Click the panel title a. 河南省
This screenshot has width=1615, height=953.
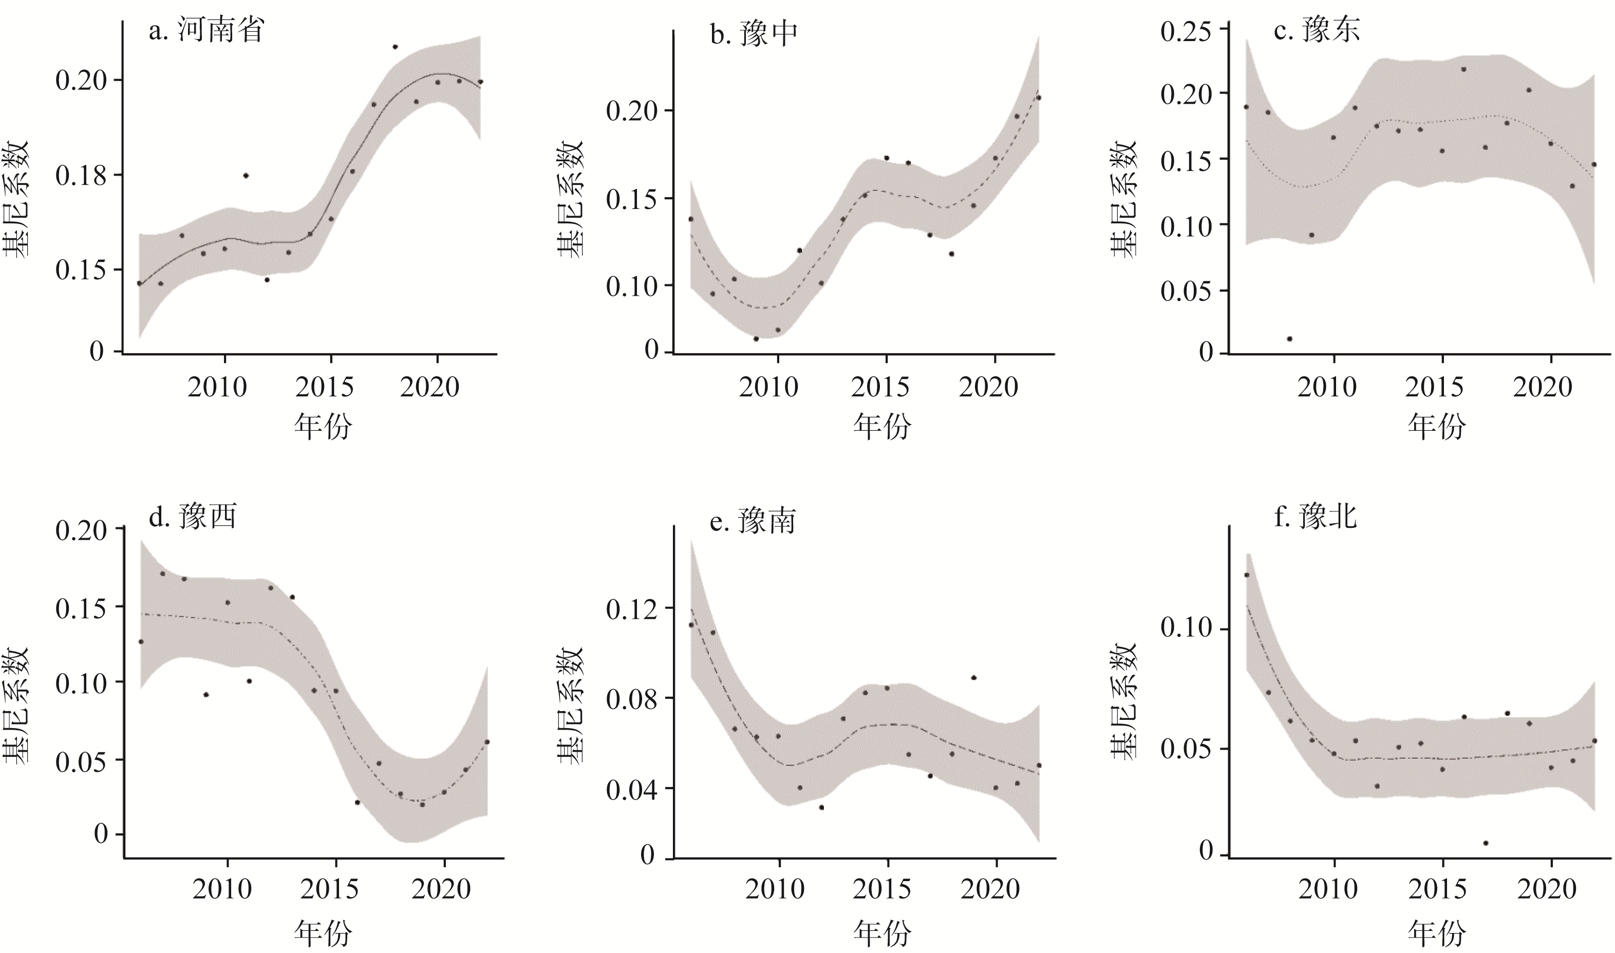[x=206, y=30]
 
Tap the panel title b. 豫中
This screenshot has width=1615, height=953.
[x=754, y=33]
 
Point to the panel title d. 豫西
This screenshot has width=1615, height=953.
[x=193, y=516]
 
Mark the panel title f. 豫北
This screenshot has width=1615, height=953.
[x=1316, y=516]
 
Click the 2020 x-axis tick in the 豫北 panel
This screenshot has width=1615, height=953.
[x=1546, y=889]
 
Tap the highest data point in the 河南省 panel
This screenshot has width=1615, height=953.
[x=395, y=47]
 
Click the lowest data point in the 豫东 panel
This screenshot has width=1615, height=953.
[x=1289, y=338]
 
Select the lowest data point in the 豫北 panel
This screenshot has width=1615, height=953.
[x=1486, y=843]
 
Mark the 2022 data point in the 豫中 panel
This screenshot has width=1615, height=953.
[x=1038, y=98]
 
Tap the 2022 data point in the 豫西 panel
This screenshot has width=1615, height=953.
[x=487, y=742]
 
